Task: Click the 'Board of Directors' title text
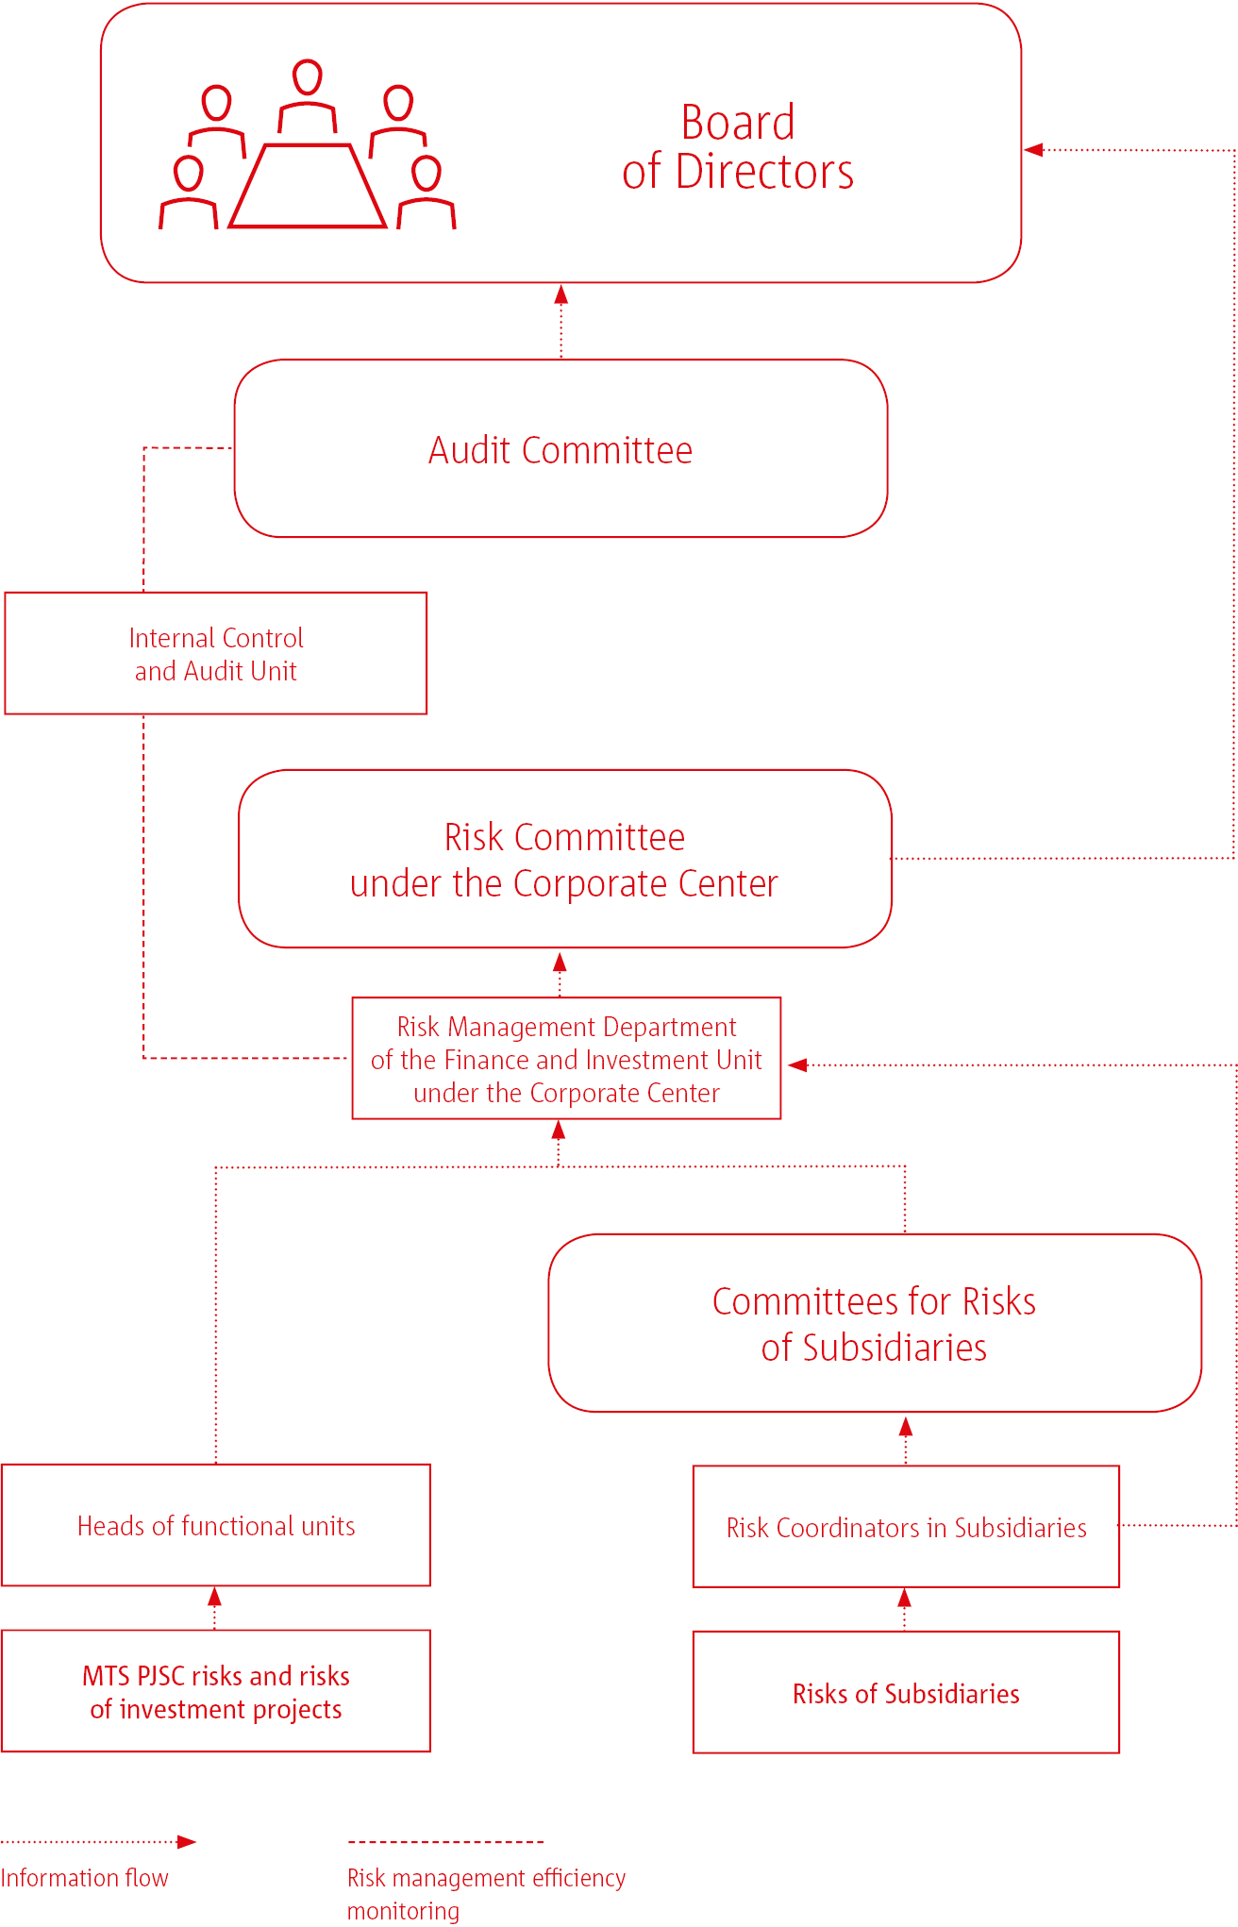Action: coord(738,147)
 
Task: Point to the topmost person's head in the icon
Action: coord(308,77)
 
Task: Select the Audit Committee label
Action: coord(560,450)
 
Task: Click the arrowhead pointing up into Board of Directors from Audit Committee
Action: coord(561,293)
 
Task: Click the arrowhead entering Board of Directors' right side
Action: coord(1033,149)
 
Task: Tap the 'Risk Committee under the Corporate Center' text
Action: coord(564,860)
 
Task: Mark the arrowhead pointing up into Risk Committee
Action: coord(560,962)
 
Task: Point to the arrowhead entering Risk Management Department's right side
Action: coord(797,1064)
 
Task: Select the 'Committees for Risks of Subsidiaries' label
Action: coord(874,1324)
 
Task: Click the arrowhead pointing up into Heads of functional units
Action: coord(215,1597)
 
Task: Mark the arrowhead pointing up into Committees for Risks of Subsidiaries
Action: coord(906,1426)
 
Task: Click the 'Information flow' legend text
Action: coord(84,1878)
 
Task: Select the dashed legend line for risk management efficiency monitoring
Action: coord(445,1841)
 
